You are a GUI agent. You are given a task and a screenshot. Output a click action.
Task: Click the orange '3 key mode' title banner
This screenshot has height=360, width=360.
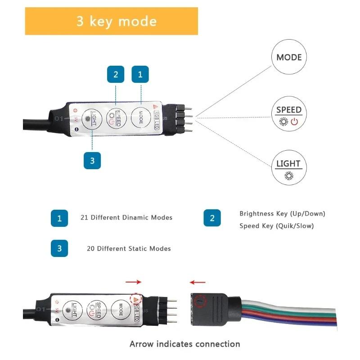111,21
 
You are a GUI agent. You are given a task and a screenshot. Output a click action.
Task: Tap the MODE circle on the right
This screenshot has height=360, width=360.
289,57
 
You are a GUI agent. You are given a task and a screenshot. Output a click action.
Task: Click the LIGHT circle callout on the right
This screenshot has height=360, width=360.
289,167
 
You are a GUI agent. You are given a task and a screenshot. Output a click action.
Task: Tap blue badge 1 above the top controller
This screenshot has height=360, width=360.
140,74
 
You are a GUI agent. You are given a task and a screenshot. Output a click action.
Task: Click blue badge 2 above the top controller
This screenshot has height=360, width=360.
116,74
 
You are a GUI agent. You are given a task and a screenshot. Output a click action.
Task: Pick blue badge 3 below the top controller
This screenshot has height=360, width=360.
92,160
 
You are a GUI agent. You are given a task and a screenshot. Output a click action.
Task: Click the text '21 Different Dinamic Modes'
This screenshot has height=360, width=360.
126,217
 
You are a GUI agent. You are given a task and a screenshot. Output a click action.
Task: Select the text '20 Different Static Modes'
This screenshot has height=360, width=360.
129,248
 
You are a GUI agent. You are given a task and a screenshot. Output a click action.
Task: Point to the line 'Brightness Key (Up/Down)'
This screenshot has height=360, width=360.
282,213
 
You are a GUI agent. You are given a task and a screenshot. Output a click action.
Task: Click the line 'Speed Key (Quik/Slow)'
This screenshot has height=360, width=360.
276,225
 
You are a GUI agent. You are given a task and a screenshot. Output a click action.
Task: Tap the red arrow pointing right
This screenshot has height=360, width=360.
133,282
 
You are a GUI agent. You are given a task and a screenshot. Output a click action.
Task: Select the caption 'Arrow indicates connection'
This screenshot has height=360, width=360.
184,344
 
